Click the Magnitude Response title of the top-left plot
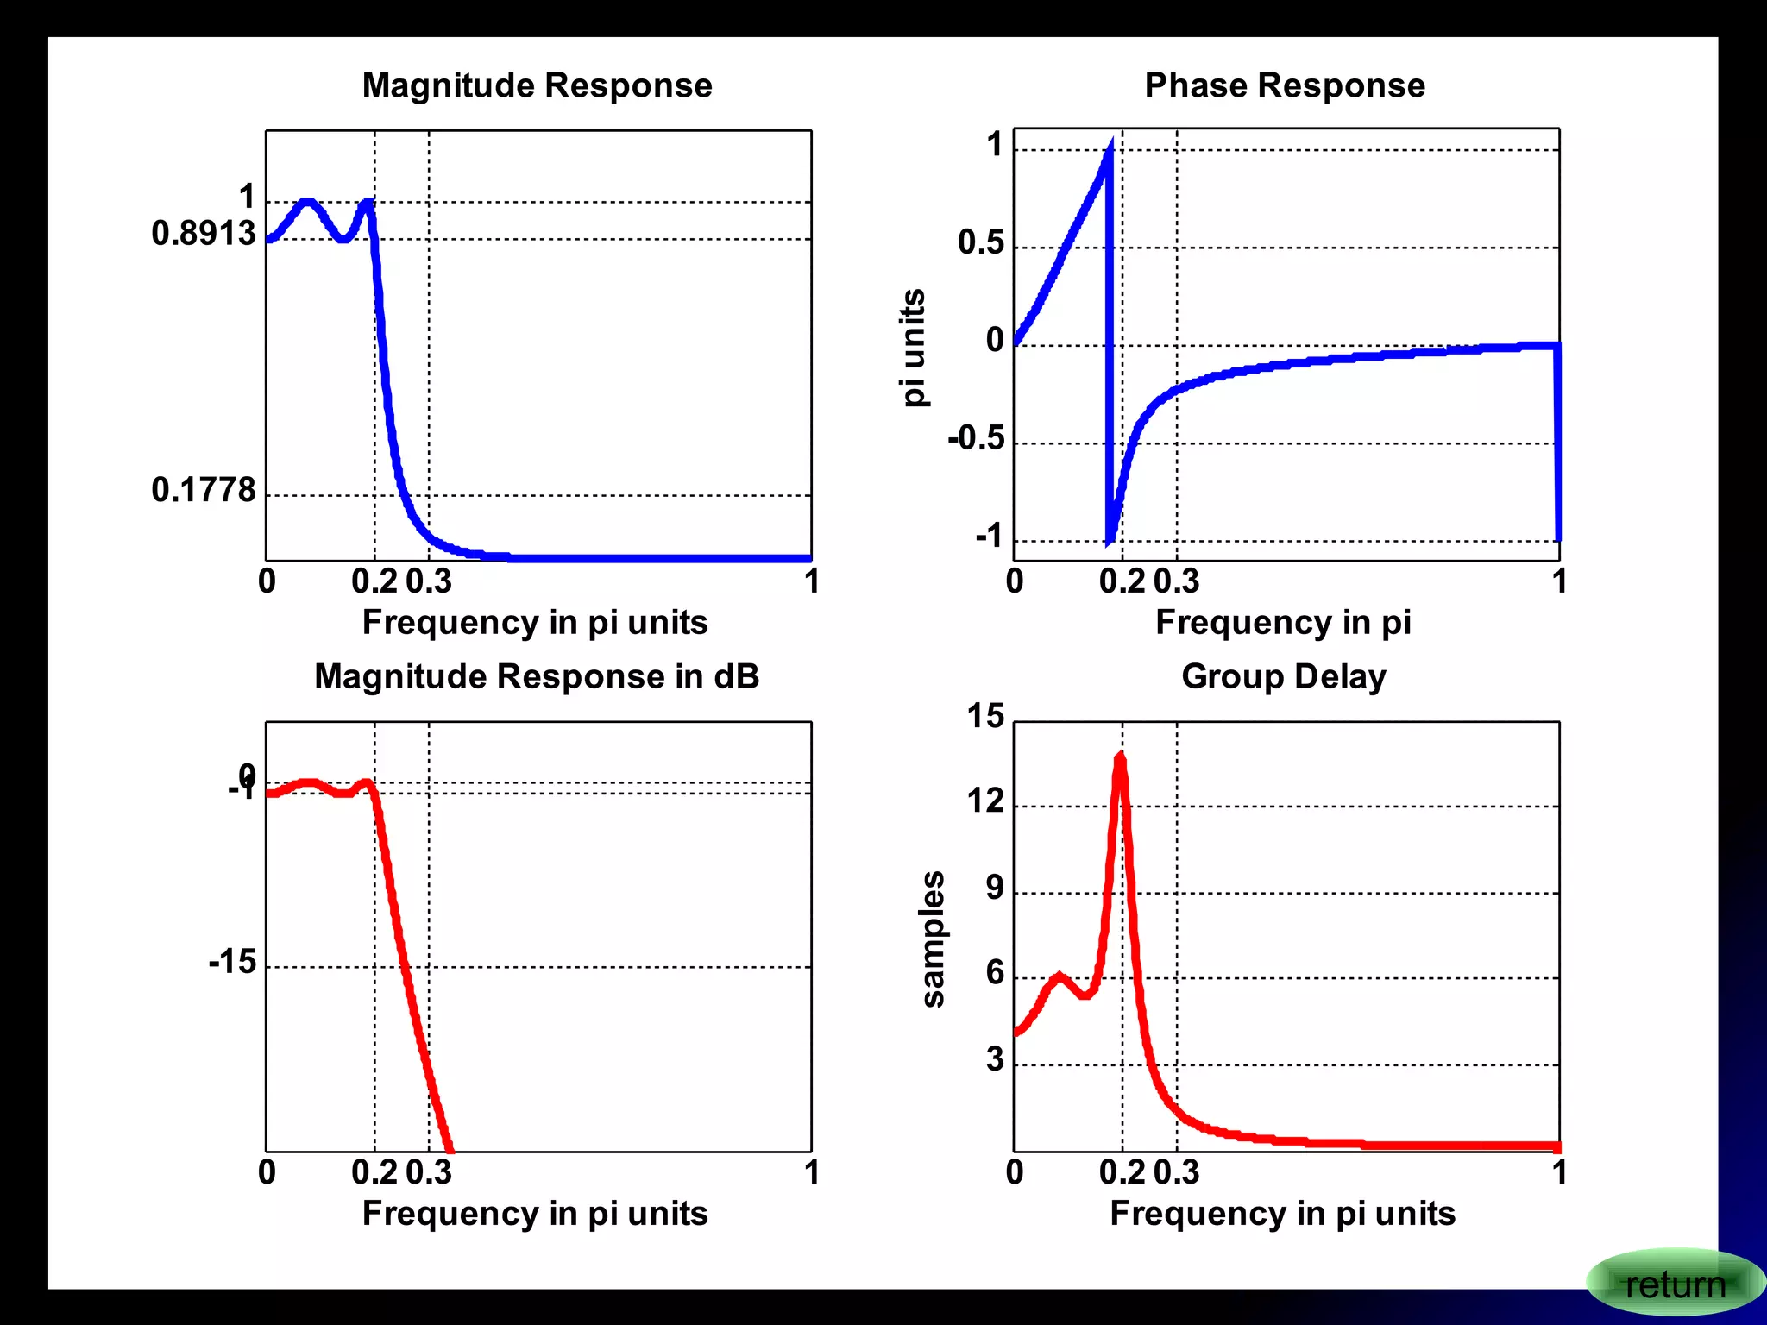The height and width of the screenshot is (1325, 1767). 537,85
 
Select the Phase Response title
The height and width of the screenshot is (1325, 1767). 1284,85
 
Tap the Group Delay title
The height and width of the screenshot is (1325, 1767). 1283,676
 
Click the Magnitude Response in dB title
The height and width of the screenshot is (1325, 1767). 537,676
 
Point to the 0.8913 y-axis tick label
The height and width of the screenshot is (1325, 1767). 204,234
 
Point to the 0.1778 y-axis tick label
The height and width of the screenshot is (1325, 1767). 204,490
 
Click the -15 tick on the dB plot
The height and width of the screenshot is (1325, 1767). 232,962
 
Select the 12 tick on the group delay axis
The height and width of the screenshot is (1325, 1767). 985,801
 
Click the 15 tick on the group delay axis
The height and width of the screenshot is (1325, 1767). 985,716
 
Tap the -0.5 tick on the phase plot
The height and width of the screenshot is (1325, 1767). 976,438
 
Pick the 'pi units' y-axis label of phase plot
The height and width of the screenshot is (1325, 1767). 913,347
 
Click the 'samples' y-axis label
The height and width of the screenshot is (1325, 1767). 933,939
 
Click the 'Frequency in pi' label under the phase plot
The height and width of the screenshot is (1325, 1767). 1283,622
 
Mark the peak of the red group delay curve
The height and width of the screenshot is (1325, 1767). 1120,757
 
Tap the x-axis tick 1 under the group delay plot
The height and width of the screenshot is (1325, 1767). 1559,1172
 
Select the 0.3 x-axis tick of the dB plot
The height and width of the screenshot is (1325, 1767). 429,1172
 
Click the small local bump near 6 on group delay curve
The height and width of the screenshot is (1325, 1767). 1060,977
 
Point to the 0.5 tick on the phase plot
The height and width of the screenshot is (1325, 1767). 981,242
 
